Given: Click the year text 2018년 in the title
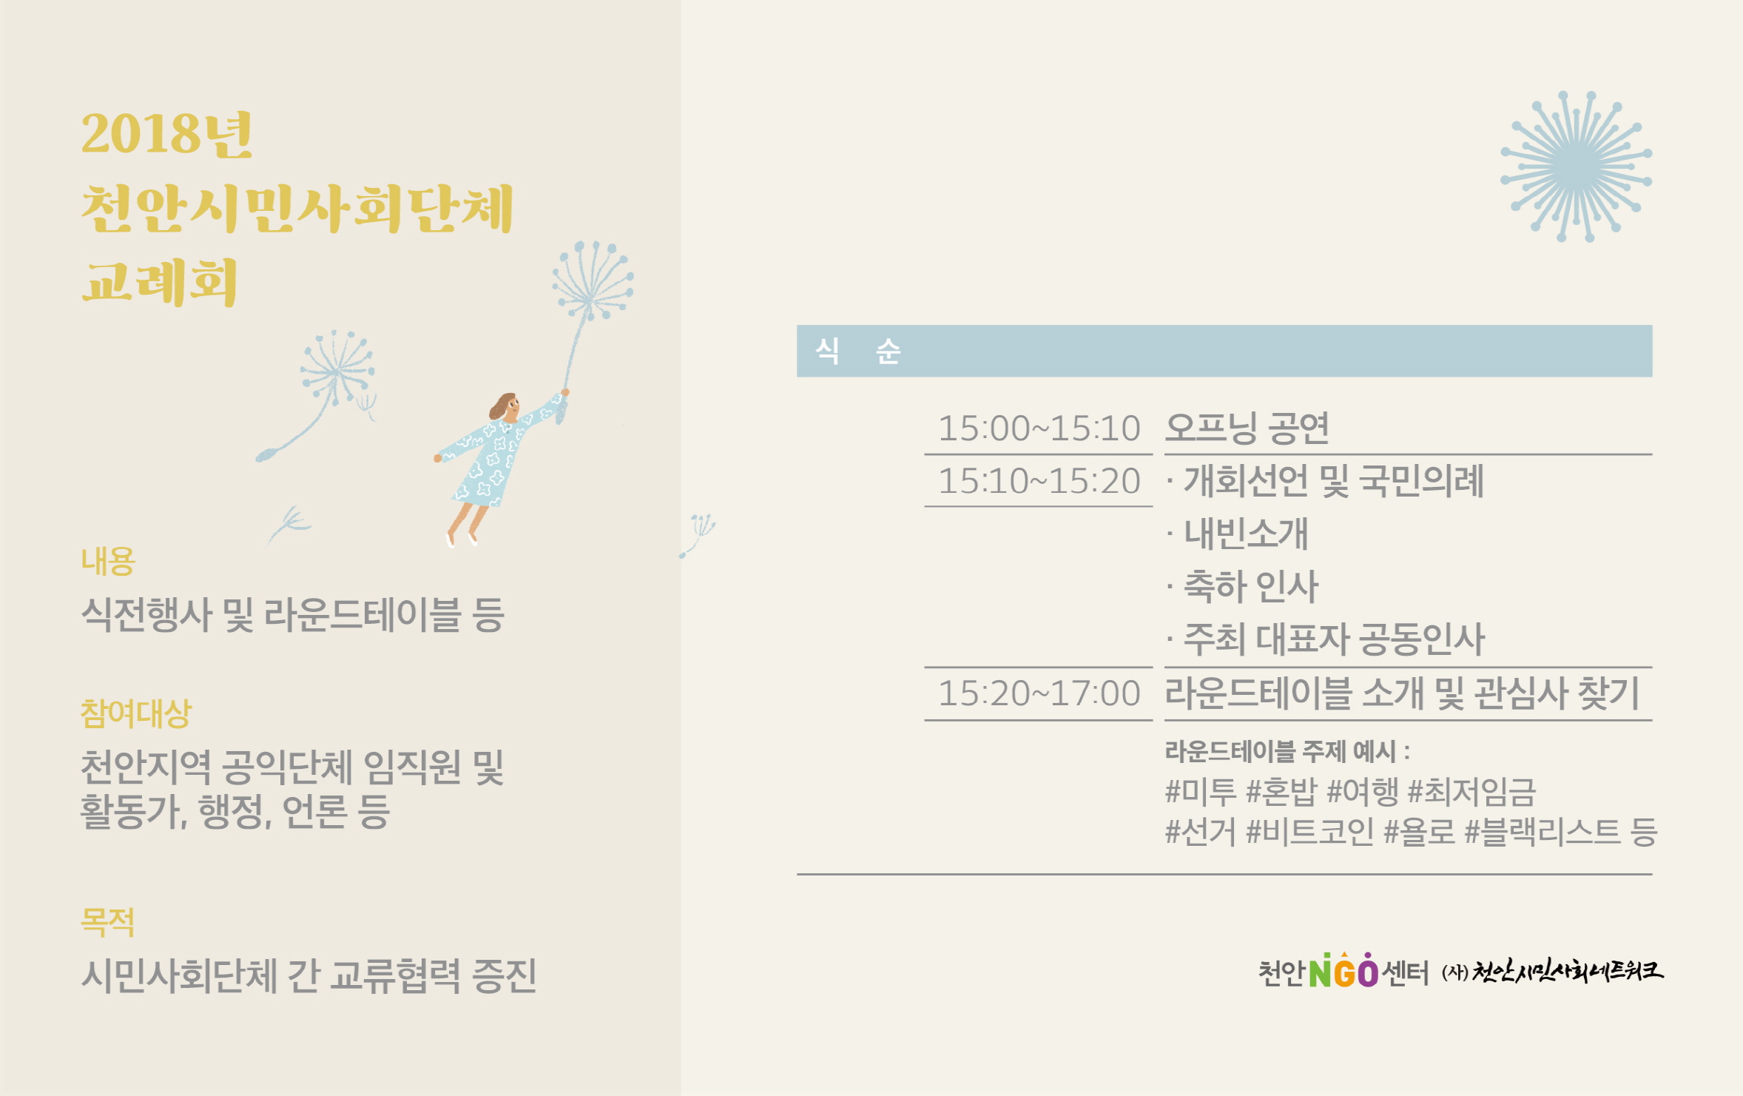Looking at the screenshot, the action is (167, 134).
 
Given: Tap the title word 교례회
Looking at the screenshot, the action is (160, 282).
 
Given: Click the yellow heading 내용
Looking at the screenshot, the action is (108, 561).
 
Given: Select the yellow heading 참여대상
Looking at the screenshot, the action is (136, 713).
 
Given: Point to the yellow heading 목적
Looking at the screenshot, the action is (108, 922).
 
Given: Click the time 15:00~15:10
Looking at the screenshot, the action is (1039, 428).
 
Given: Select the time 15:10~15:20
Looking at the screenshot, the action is (1039, 481).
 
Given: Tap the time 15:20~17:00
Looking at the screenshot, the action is (1039, 693).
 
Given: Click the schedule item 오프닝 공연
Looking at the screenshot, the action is (1247, 428).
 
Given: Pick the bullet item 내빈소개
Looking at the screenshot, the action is (1247, 534).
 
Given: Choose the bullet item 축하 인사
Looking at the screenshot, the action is (1251, 587).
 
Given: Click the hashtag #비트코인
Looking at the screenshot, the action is (1309, 832).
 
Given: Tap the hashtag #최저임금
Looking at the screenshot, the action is (1471, 792).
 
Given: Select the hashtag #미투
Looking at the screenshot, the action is (1201, 792).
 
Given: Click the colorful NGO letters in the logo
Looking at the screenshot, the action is (1344, 971).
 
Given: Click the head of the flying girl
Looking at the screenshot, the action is (505, 406).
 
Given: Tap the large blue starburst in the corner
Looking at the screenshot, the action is (1576, 167).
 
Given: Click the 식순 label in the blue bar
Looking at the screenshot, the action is (857, 351).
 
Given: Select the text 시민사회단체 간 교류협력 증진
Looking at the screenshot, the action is (309, 975).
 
